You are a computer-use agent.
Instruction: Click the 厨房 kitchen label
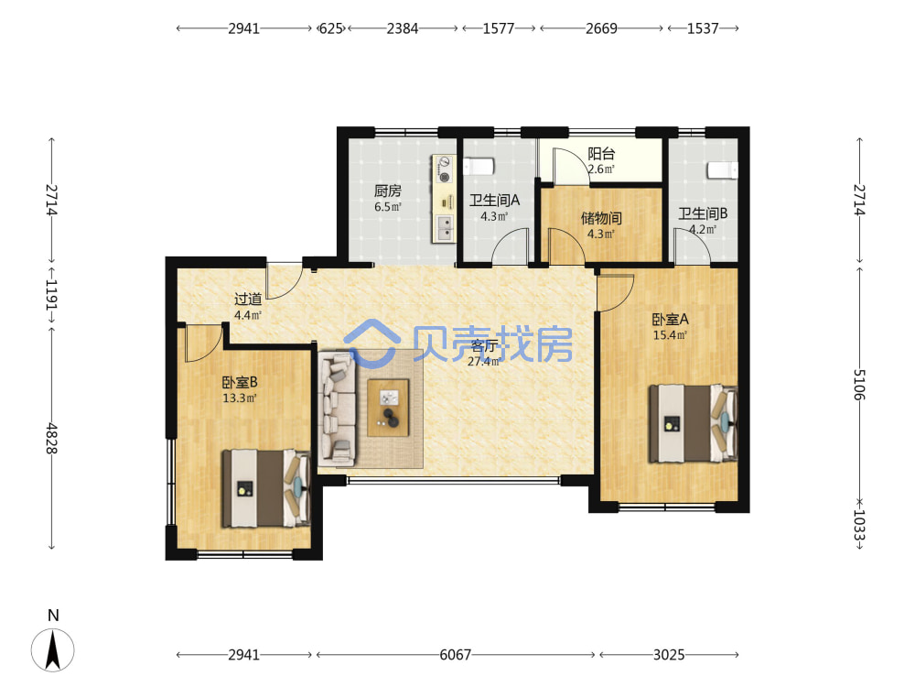click(x=387, y=191)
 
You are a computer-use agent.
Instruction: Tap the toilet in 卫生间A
click(x=479, y=166)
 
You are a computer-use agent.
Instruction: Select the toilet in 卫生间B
click(x=723, y=169)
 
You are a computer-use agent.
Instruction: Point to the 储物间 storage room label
click(x=601, y=218)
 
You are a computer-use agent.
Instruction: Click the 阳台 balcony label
click(x=601, y=154)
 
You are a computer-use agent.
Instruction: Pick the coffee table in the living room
click(x=388, y=408)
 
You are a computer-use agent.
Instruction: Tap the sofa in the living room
click(x=338, y=409)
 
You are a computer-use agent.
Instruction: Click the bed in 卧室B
click(x=265, y=488)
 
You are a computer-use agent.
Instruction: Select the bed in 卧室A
click(x=694, y=423)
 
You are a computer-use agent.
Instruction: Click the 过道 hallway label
click(x=248, y=300)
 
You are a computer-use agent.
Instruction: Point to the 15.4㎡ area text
click(x=670, y=335)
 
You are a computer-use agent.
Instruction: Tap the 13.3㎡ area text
click(x=240, y=398)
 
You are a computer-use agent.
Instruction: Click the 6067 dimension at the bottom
click(x=455, y=655)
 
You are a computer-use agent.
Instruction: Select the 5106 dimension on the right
click(x=858, y=385)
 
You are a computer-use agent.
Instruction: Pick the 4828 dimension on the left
click(x=52, y=439)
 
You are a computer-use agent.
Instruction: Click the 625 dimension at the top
click(x=331, y=28)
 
